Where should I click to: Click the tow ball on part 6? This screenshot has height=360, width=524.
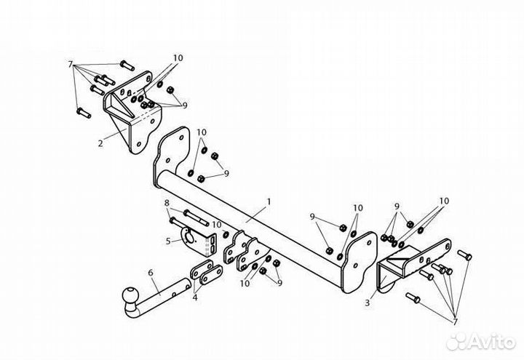tap(130, 296)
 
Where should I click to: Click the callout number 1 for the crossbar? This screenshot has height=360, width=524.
tap(269, 201)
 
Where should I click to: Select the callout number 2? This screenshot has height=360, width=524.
tap(100, 143)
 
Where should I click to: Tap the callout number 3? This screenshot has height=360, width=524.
tap(368, 303)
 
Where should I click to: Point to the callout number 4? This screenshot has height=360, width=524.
tap(195, 297)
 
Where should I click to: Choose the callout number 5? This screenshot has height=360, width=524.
tap(168, 241)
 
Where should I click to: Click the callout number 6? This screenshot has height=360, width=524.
tap(151, 273)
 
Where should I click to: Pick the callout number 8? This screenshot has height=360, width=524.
tap(167, 203)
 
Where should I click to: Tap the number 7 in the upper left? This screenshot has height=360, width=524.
tap(70, 65)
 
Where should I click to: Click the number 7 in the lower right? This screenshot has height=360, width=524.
tap(455, 322)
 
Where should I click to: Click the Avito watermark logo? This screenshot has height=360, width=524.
tap(480, 342)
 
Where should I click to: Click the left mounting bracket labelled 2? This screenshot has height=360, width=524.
tap(132, 112)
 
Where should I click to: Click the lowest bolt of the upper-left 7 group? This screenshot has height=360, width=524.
tap(84, 113)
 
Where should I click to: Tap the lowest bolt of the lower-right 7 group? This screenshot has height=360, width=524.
tap(413, 298)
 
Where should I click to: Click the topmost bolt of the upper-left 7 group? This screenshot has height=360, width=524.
tap(127, 65)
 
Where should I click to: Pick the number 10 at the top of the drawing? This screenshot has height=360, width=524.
tap(178, 58)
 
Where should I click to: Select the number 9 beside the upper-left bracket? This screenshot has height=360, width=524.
tap(184, 105)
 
